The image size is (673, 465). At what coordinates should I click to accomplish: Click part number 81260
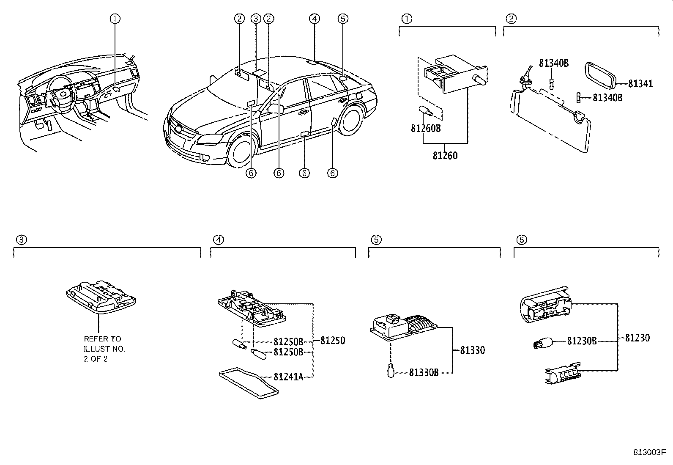[x=445, y=156]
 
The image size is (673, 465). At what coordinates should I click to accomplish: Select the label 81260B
[x=425, y=128]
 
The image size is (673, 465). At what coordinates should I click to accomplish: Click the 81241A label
[x=288, y=377]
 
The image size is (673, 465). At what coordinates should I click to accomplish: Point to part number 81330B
[x=424, y=372]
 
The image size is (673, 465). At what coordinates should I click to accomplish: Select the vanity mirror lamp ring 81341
[x=599, y=74]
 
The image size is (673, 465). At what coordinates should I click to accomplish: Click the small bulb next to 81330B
[x=391, y=371]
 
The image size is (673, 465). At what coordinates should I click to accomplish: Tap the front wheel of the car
[x=243, y=151]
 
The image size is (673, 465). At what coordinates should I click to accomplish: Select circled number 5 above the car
[x=343, y=18]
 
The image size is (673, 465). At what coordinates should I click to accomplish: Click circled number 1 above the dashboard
[x=115, y=18]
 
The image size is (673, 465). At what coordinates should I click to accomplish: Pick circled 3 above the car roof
[x=255, y=18]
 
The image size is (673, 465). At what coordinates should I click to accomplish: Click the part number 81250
[x=332, y=341]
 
